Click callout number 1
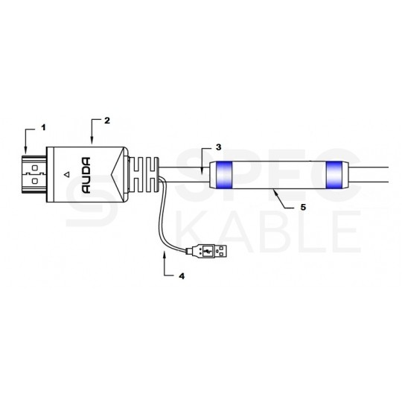(44, 127)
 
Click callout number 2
(107, 121)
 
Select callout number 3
(218, 147)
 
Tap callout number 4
(182, 276)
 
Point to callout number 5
(303, 207)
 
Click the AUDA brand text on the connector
(86, 176)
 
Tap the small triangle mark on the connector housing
(67, 175)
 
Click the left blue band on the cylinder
(224, 175)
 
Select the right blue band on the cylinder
(334, 175)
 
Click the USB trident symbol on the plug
(207, 251)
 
